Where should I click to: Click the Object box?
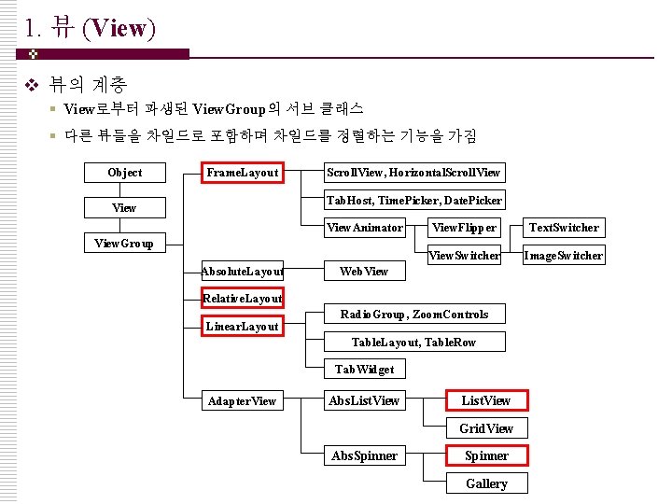[124, 173]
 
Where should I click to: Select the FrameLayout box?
[243, 173]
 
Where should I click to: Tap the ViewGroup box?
[124, 244]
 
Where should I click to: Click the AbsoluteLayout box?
[243, 272]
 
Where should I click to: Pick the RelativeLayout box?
[243, 299]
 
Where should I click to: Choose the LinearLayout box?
[243, 327]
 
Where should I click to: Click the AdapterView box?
[243, 401]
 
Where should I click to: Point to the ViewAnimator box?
[364, 227]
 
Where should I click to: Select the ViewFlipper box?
[464, 227]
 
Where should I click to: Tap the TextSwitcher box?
[564, 227]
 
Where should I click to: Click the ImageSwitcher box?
[564, 255]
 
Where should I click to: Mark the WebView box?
[364, 271]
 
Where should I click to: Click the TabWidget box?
[364, 370]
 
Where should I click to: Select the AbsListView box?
[364, 400]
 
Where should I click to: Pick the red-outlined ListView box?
[486, 400]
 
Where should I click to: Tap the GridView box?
[486, 428]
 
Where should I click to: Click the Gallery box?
[486, 483]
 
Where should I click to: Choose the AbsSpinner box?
[364, 456]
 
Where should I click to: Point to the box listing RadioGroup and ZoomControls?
[413, 314]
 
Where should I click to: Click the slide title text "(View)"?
[119, 28]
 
